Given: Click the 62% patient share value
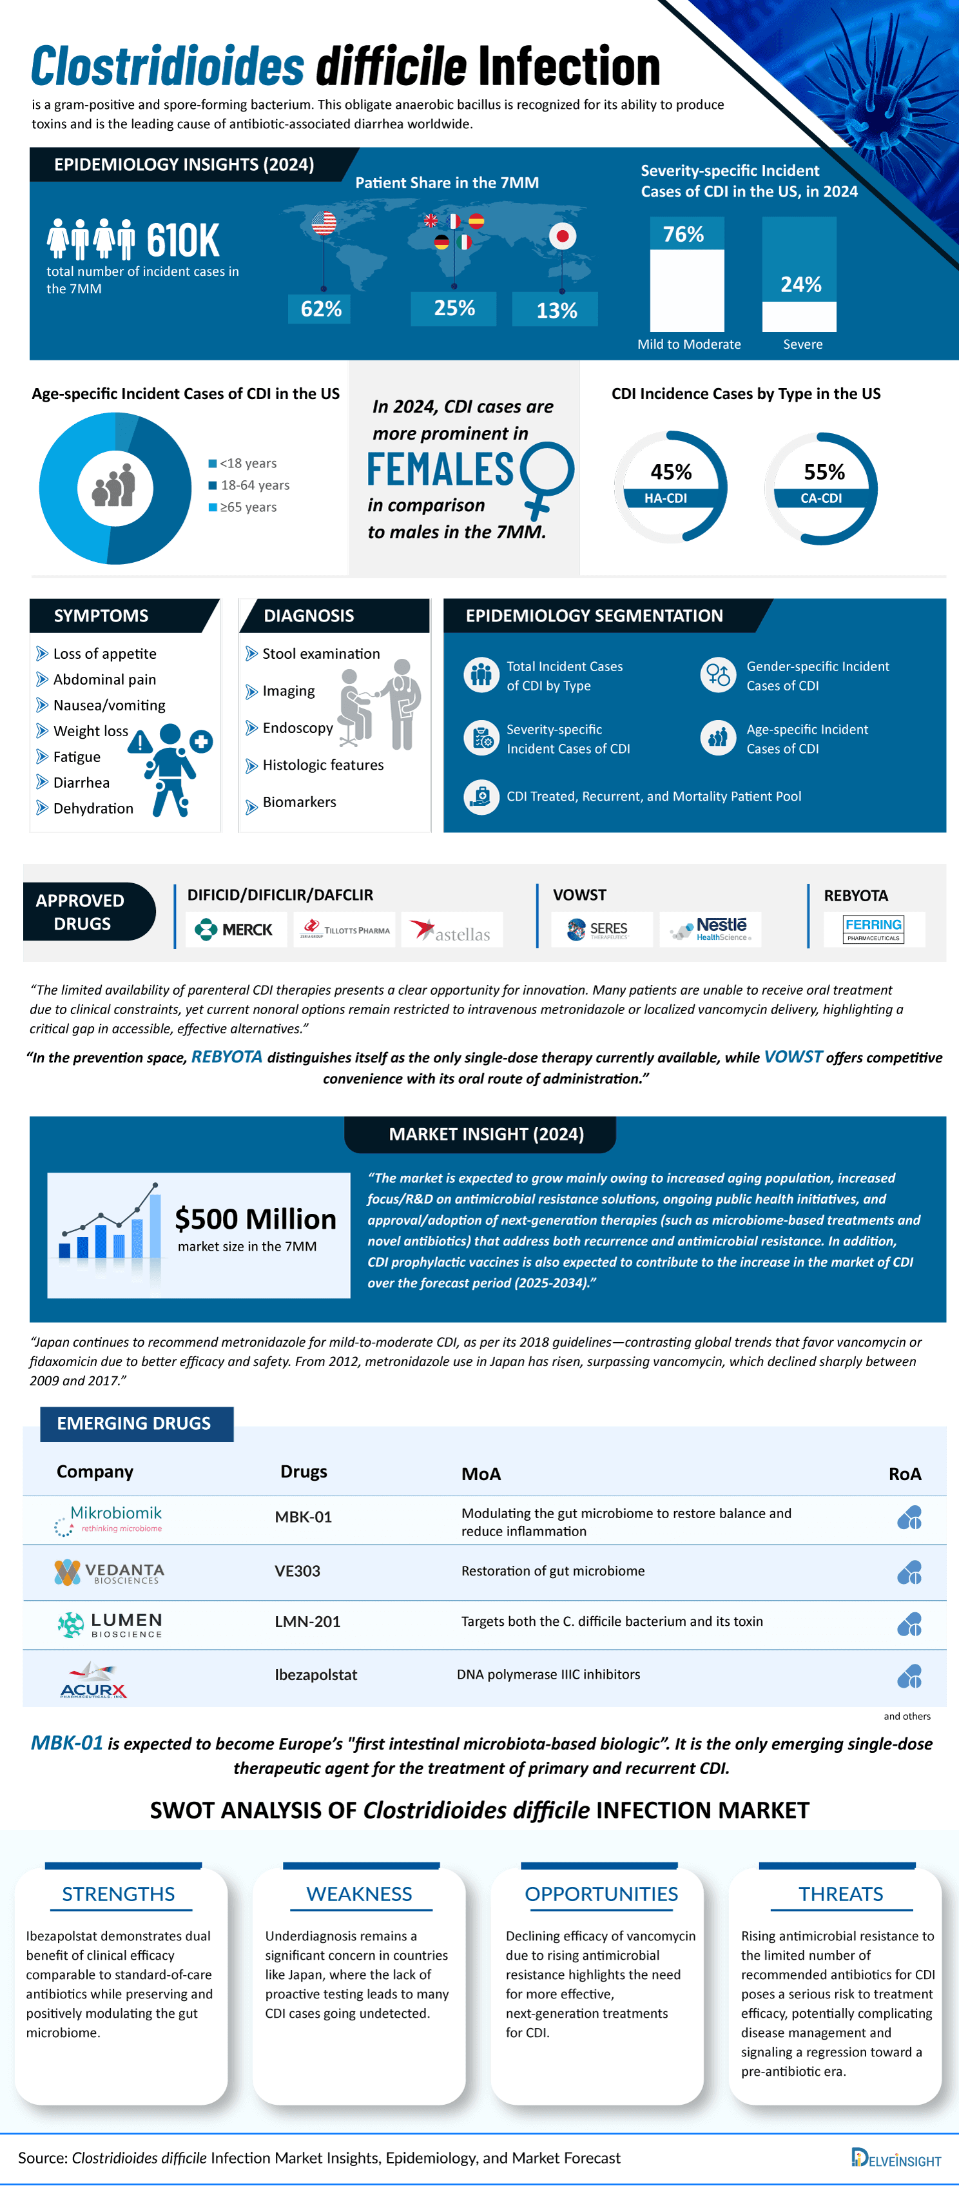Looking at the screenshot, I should (321, 309).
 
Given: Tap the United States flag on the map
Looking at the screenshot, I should (324, 223).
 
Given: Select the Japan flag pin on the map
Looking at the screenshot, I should (562, 236).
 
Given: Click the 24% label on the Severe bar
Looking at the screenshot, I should (800, 284).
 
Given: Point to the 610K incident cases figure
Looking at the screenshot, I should (182, 240).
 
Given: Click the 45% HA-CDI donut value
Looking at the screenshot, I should (670, 472).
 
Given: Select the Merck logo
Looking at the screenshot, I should (234, 929).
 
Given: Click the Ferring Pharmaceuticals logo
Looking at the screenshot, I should (873, 929).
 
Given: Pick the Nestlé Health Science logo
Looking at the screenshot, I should (711, 929).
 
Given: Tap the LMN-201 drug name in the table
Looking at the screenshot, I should (307, 1622).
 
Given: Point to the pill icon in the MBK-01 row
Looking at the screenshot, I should (909, 1518).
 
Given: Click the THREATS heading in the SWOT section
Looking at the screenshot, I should (840, 1894).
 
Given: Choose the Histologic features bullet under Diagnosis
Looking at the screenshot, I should (322, 765).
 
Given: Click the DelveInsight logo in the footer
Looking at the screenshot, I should (895, 2159).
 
